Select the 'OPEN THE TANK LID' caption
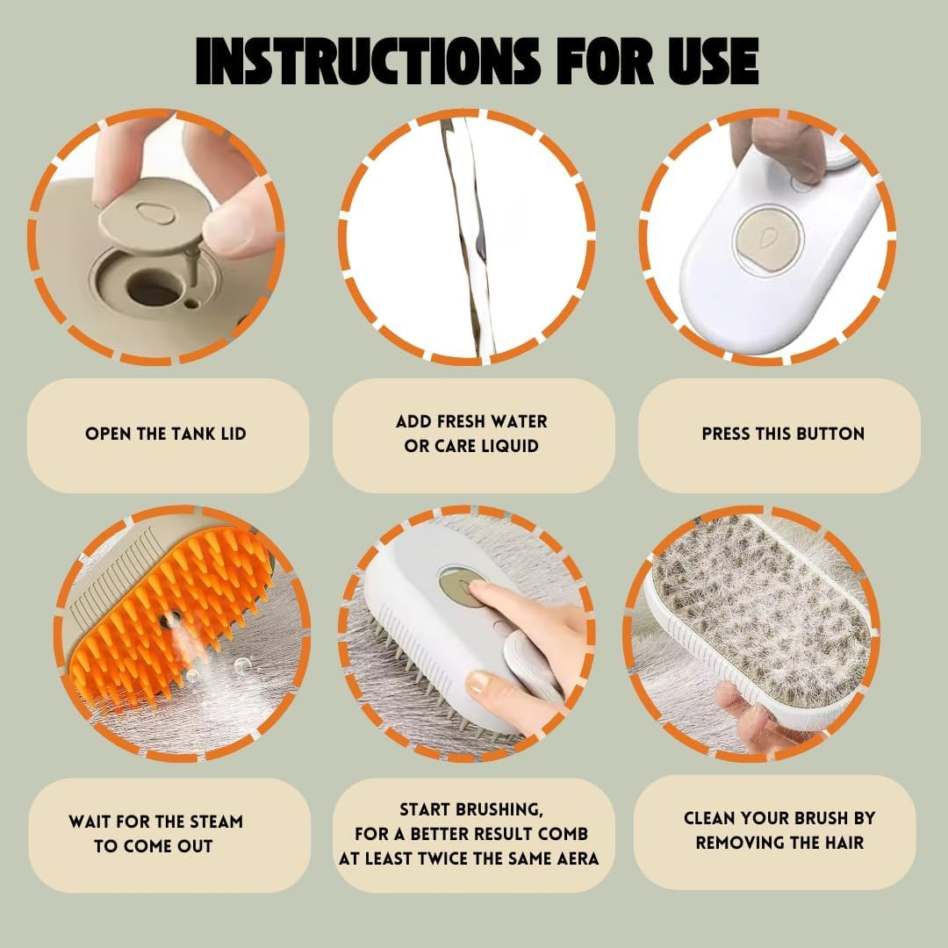[x=166, y=434]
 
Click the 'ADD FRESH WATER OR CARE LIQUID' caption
[x=471, y=434]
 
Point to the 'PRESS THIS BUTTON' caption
[x=783, y=434]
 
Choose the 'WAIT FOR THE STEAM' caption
[x=155, y=822]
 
